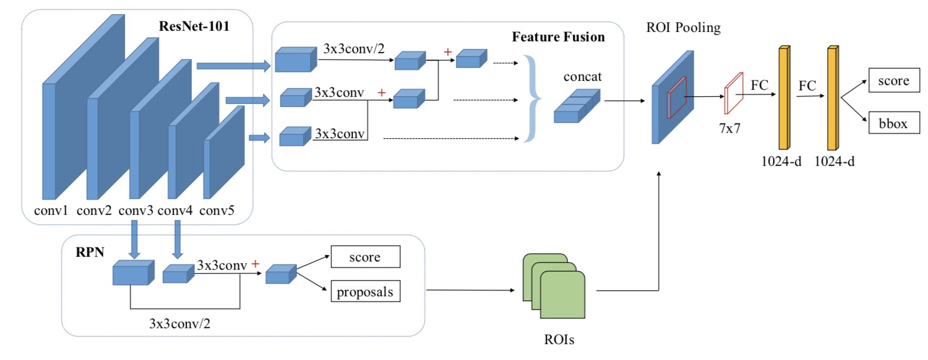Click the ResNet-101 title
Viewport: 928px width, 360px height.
click(194, 27)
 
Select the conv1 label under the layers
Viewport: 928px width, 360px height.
click(51, 211)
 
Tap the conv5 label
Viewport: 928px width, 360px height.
click(217, 211)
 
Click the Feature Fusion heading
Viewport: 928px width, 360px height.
click(558, 37)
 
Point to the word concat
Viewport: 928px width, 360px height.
click(583, 77)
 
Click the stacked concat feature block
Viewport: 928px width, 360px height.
click(577, 106)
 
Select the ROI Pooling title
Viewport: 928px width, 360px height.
click(683, 28)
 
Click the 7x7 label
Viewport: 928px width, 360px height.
click(730, 128)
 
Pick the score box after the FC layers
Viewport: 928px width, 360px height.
click(894, 80)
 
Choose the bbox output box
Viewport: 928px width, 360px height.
click(894, 123)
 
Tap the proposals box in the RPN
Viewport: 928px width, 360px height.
click(365, 292)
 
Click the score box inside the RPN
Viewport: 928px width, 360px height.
click(365, 257)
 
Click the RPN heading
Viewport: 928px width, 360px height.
click(90, 252)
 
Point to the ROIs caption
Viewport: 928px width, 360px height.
click(558, 339)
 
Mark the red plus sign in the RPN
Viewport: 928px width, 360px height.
click(255, 264)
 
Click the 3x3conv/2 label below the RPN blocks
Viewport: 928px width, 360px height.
click(179, 323)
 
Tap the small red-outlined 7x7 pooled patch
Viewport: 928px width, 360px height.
click(733, 93)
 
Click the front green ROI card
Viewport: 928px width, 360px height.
click(562, 295)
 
